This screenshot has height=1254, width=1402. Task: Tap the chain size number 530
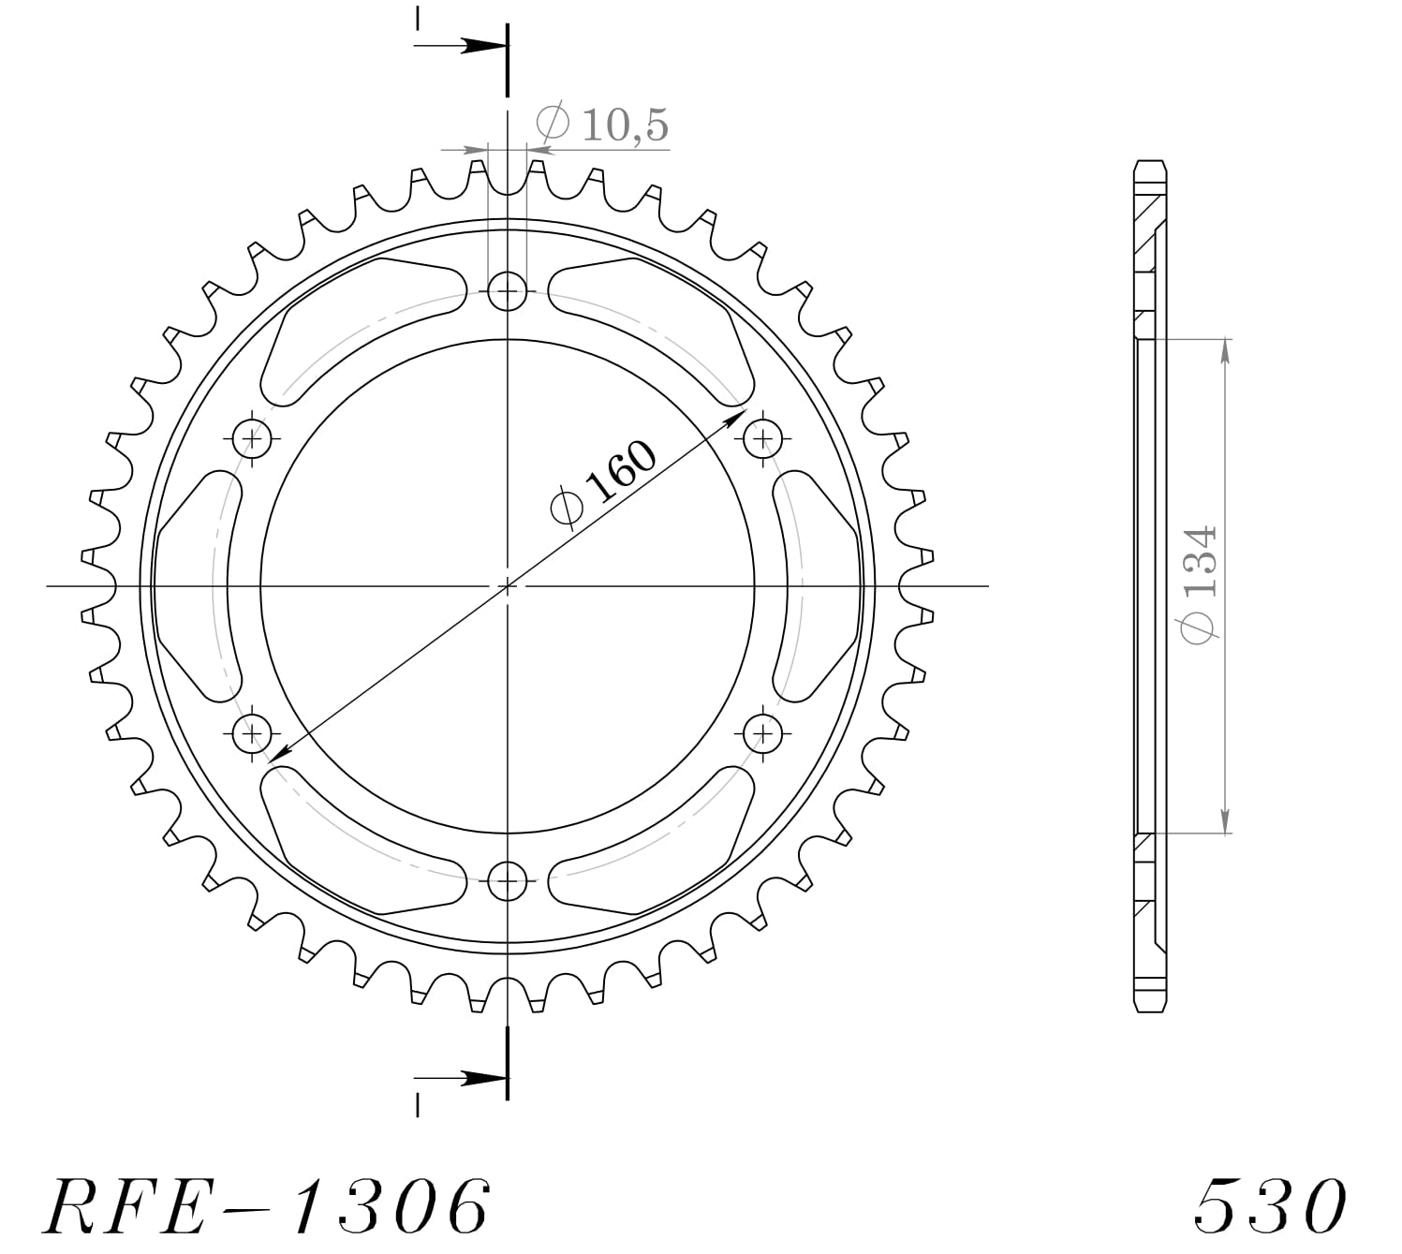1271,1205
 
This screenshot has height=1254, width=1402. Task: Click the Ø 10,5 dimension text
602,124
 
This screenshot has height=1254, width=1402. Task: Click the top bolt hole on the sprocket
508,291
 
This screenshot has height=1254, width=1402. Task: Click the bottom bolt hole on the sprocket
508,879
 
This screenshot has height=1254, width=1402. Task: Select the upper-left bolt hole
252,436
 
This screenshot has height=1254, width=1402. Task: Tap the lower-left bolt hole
252,732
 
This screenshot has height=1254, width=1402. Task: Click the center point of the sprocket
508,586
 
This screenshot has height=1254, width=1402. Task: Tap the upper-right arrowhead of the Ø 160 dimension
735,414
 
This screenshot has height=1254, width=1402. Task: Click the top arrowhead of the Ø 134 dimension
1225,348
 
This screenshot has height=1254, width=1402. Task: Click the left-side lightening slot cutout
194,586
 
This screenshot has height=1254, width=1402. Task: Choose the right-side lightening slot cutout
821,586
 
